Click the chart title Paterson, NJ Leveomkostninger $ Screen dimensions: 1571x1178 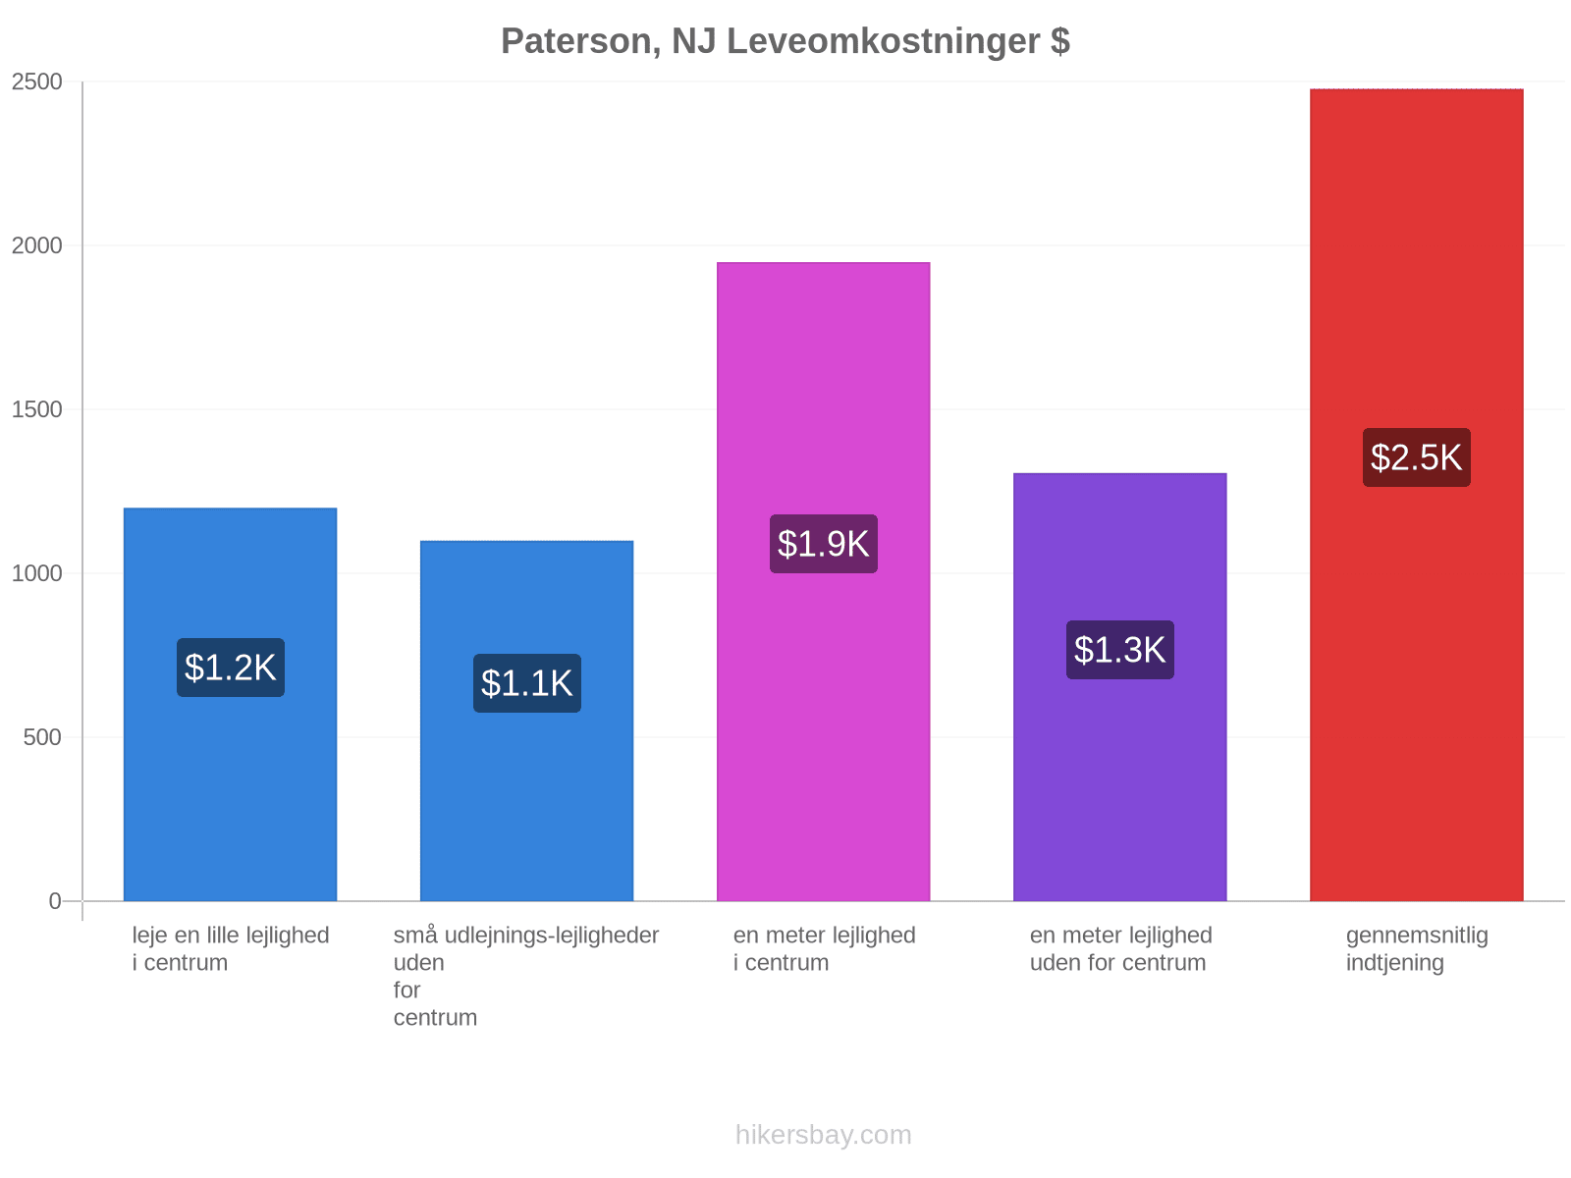click(x=785, y=41)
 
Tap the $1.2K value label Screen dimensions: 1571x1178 click(x=230, y=668)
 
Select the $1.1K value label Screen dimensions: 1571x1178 click(x=526, y=683)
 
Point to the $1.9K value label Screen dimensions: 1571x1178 click(x=823, y=544)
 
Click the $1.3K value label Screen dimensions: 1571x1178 click(x=1119, y=650)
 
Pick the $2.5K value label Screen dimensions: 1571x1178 click(x=1416, y=457)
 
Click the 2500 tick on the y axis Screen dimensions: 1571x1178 click(x=36, y=81)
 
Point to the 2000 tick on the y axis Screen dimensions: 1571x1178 click(x=36, y=245)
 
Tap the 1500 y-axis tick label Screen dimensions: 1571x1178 click(x=36, y=409)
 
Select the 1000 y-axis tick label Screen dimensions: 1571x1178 click(x=36, y=573)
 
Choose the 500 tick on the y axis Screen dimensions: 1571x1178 click(x=42, y=736)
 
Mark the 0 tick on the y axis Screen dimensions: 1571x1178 click(x=55, y=900)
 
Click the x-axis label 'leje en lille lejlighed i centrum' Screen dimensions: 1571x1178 click(x=231, y=948)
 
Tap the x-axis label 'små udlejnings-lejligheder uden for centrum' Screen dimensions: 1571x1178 click(x=526, y=976)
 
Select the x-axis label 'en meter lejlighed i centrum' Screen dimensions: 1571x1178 click(x=824, y=948)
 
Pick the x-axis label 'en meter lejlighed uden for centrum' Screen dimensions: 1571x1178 click(x=1121, y=948)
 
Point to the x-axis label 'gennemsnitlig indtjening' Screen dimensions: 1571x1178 click(x=1417, y=949)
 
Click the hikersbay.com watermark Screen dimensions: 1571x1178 click(x=823, y=1135)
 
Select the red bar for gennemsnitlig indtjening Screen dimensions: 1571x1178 click(x=1416, y=495)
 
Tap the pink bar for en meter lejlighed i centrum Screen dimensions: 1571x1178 click(x=823, y=581)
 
